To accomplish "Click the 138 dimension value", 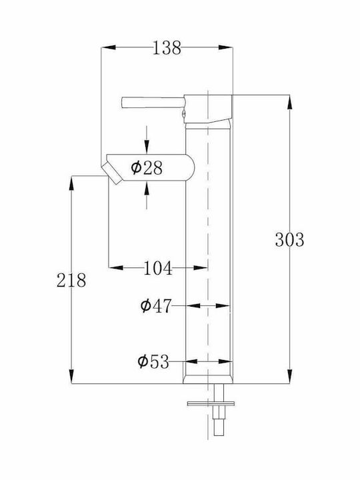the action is [x=167, y=48].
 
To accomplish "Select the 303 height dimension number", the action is [x=289, y=240].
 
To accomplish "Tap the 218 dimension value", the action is [x=71, y=280].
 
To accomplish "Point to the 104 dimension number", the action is [x=158, y=268].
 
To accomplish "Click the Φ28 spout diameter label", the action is [x=147, y=168].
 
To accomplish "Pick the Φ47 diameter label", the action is [x=156, y=306].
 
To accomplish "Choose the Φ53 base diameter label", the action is [x=153, y=361].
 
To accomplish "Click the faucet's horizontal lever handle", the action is [x=153, y=102].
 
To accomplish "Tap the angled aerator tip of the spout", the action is [x=112, y=173].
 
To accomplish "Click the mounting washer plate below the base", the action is [x=211, y=404].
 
